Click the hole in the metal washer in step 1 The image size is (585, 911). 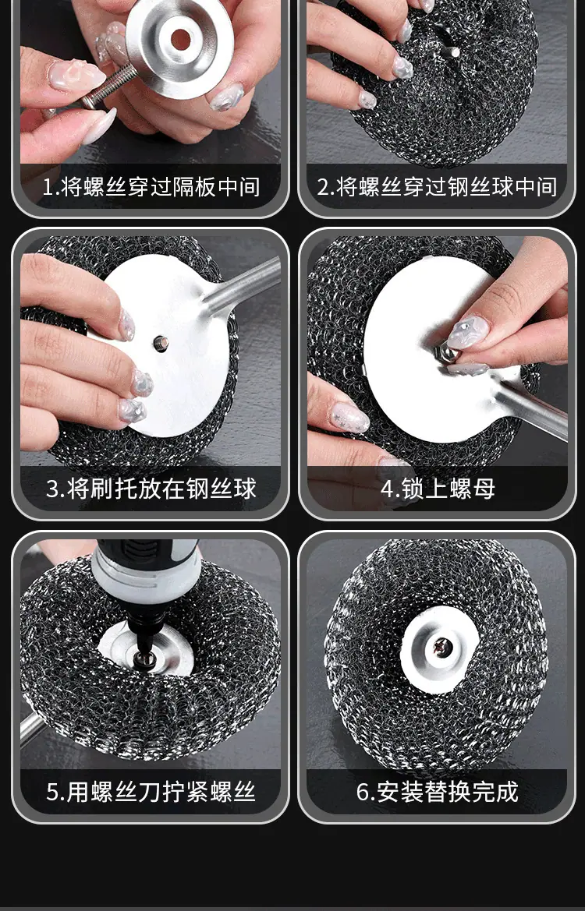click(180, 39)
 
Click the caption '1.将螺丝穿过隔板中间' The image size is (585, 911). click(151, 187)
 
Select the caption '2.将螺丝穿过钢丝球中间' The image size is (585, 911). click(438, 187)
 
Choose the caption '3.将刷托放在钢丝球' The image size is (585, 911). click(151, 489)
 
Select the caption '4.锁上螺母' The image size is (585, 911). click(438, 489)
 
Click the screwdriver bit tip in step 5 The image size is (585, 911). click(144, 655)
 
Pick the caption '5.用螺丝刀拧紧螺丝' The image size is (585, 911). click(151, 792)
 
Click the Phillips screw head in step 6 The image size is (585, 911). click(443, 648)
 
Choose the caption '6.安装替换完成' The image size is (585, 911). click(438, 792)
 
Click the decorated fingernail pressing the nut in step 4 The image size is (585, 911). click(467, 332)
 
